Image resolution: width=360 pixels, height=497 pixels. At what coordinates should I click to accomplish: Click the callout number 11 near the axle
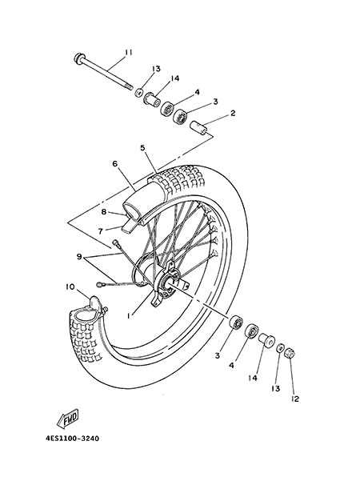128,53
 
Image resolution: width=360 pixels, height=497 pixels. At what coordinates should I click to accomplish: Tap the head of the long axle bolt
78,58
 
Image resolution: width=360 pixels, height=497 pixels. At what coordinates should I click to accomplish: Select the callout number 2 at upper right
233,113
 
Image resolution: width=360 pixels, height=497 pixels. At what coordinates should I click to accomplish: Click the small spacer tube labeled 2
198,128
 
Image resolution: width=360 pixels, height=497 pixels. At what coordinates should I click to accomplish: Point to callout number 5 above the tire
142,148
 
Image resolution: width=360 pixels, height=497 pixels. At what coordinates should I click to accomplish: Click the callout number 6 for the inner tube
114,164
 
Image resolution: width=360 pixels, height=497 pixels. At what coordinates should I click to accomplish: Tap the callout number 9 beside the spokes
79,257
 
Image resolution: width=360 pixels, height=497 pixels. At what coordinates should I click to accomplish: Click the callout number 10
70,287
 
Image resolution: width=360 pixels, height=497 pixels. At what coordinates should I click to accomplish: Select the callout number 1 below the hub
128,316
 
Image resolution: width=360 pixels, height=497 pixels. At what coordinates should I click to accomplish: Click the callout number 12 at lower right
294,399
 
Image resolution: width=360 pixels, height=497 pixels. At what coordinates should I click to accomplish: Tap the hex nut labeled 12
290,352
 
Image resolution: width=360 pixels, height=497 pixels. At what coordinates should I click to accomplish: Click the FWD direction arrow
68,419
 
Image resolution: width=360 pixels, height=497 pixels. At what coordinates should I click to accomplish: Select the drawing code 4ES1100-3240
72,439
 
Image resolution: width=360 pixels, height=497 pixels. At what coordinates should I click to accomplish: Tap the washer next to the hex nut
280,348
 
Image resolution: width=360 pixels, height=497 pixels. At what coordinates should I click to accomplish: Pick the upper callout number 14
175,78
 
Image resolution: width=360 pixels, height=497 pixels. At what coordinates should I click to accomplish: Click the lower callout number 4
231,366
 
